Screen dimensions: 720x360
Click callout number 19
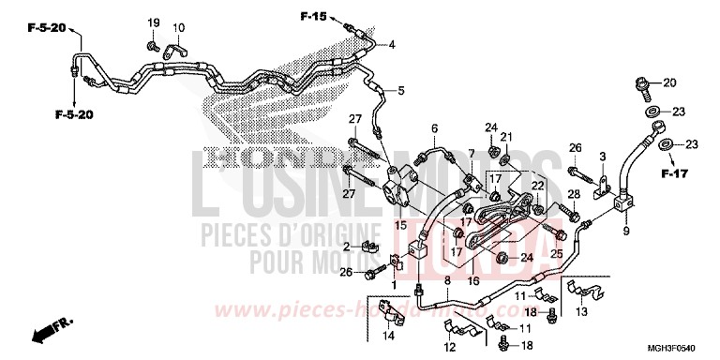[153, 22]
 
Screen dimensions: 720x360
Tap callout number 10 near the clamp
[178, 27]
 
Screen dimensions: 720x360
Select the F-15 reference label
[313, 16]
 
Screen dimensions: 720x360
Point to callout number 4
[391, 45]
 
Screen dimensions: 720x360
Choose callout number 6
[434, 127]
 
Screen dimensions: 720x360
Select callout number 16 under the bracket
[473, 280]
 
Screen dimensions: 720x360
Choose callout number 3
[604, 156]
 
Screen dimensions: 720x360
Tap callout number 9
[624, 229]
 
